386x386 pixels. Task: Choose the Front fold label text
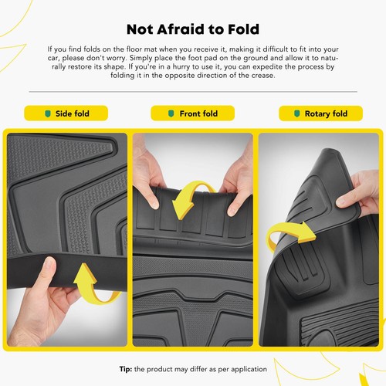198,113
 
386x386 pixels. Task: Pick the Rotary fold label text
326,113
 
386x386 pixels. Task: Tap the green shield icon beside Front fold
171,113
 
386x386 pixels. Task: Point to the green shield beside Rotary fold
297,113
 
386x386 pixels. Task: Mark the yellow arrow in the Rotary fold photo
289,232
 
